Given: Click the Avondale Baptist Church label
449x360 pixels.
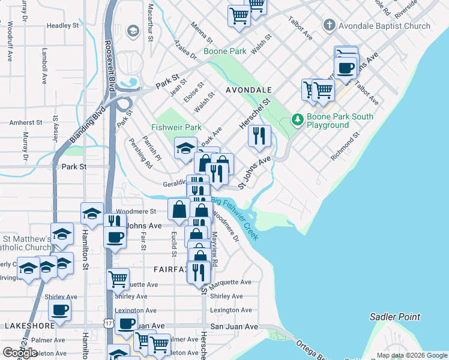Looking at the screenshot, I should (x=384, y=26).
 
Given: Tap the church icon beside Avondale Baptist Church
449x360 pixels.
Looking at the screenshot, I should (x=328, y=26).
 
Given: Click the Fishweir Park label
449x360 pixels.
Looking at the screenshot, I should (x=176, y=127).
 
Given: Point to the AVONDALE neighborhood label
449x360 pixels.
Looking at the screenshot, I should (x=249, y=90).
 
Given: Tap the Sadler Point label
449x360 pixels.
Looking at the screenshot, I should (x=395, y=317).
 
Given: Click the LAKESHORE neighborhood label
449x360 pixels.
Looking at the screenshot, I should (x=30, y=325).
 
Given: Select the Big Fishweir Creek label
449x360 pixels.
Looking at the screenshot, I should (x=235, y=217).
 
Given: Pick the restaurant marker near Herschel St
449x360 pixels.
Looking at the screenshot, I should (x=259, y=136).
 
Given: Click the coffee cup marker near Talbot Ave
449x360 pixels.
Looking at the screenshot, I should (x=346, y=67).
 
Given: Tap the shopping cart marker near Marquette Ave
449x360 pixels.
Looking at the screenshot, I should (x=118, y=279).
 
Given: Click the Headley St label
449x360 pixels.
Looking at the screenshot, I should (x=63, y=26).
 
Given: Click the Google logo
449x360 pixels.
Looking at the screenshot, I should (x=20, y=353).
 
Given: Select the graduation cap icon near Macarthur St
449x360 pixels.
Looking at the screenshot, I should (x=133, y=31).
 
